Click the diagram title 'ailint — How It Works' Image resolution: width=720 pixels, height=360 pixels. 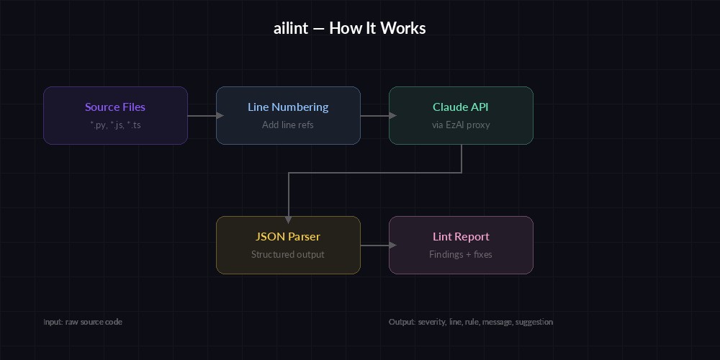pyautogui.click(x=350, y=29)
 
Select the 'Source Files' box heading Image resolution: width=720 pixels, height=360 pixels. pyautogui.click(x=115, y=107)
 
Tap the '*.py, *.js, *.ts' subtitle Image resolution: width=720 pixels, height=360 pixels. pyautogui.click(x=115, y=125)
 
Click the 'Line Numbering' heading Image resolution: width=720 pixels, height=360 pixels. pyautogui.click(x=288, y=107)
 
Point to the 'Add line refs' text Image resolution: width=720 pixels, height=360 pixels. pyautogui.click(x=288, y=125)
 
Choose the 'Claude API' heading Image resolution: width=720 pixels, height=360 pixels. pyautogui.click(x=461, y=107)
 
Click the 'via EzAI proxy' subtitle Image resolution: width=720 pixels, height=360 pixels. pyautogui.click(x=461, y=125)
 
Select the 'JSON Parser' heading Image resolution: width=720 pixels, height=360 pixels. pyautogui.click(x=288, y=237)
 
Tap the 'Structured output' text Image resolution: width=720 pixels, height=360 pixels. pyautogui.click(x=288, y=254)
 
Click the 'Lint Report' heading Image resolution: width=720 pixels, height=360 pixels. pyautogui.click(x=461, y=237)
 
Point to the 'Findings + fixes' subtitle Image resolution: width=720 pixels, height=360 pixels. pyautogui.click(x=461, y=254)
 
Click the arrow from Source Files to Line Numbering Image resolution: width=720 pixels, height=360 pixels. pyautogui.click(x=202, y=115)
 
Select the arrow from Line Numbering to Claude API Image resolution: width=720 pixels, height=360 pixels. pyautogui.click(x=375, y=115)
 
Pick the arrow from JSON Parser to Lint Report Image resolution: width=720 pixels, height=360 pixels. pyautogui.click(x=375, y=245)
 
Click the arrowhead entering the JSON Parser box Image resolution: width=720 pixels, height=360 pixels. pyautogui.click(x=288, y=220)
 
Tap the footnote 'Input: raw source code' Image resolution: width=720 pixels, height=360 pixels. pyautogui.click(x=83, y=322)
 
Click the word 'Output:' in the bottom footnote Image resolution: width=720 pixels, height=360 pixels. pyautogui.click(x=402, y=322)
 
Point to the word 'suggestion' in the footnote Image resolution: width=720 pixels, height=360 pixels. pyautogui.click(x=535, y=322)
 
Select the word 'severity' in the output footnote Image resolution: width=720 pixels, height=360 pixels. pyautogui.click(x=432, y=322)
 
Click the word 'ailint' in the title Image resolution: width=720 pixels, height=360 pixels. pyautogui.click(x=291, y=29)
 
